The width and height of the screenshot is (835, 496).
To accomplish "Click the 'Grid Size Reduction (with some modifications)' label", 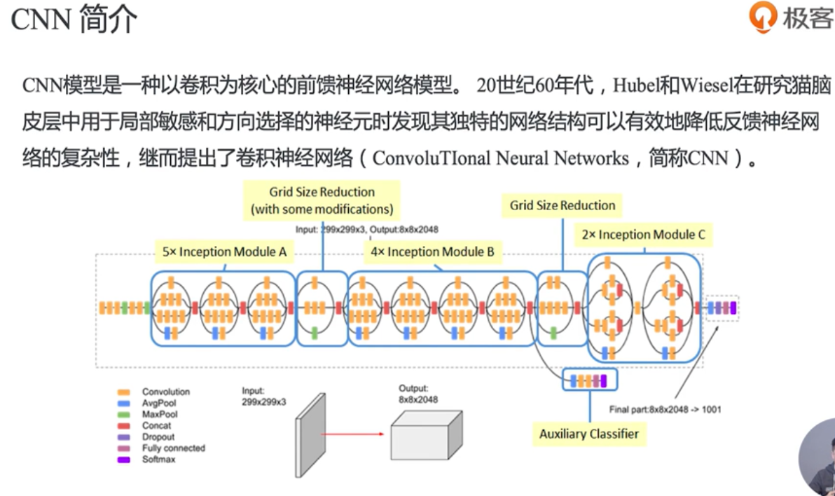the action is (322, 200).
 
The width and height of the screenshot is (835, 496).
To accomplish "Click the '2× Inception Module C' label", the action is (644, 235).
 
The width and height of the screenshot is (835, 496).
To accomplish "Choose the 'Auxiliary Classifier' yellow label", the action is (589, 434).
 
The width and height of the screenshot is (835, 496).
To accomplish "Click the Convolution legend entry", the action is (165, 392).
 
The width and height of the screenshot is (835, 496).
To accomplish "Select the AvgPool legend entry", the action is (159, 404).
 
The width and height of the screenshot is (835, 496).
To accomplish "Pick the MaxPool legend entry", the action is (160, 415).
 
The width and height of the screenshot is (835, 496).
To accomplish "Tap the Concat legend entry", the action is (156, 426).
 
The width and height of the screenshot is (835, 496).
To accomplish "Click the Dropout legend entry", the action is (158, 437).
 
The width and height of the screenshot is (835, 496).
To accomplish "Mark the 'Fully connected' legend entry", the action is (173, 448).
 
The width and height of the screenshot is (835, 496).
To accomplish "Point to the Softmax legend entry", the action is (158, 460).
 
